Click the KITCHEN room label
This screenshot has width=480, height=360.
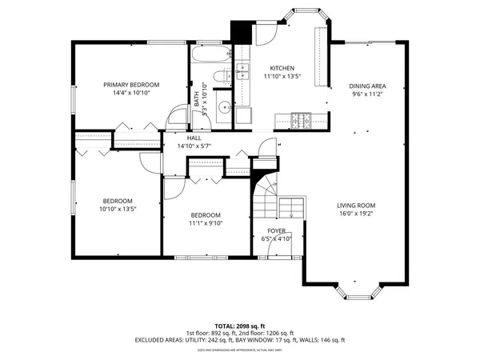click(282, 68)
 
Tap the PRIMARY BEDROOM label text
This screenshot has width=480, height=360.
click(131, 85)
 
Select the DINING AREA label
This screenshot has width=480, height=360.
click(367, 86)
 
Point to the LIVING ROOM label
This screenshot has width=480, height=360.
click(356, 205)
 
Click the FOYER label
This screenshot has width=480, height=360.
click(277, 231)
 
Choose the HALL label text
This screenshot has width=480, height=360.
click(194, 138)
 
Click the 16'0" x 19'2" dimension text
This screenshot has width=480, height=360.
click(356, 214)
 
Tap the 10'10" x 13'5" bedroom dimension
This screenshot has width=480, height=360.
click(118, 209)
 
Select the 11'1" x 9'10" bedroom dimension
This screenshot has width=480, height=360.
click(206, 223)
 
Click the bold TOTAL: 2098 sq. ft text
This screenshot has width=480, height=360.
click(240, 326)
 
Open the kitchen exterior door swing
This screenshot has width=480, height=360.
click(262, 34)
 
